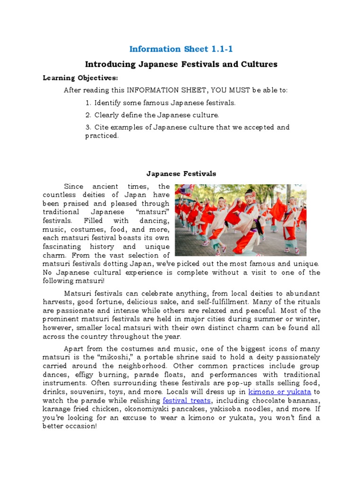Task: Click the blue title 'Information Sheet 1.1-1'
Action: [181, 49]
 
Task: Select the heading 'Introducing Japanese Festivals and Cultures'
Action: [181, 64]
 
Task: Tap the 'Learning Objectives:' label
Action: [80, 78]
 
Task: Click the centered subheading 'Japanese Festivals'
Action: [181, 173]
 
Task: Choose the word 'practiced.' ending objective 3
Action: [102, 136]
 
